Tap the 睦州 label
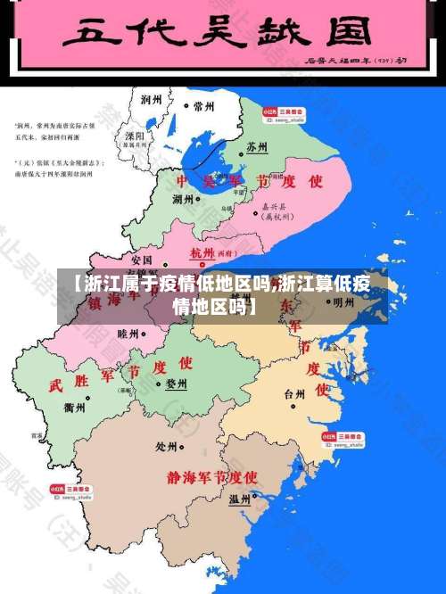[x=128, y=333]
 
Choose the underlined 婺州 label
[x=177, y=384]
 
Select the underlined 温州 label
[x=239, y=499]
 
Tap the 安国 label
[x=141, y=260]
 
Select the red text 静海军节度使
[x=212, y=476]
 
